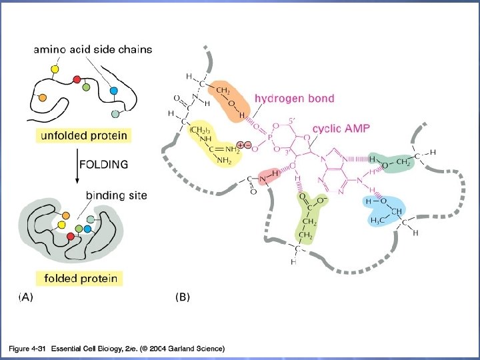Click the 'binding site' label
coord(116,196)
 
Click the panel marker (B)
coord(181,298)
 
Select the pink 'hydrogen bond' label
coord(294,99)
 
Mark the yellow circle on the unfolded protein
coord(55,69)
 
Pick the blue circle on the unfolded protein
coord(113,90)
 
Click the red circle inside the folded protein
coord(71,237)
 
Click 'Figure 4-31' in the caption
coord(26,349)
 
